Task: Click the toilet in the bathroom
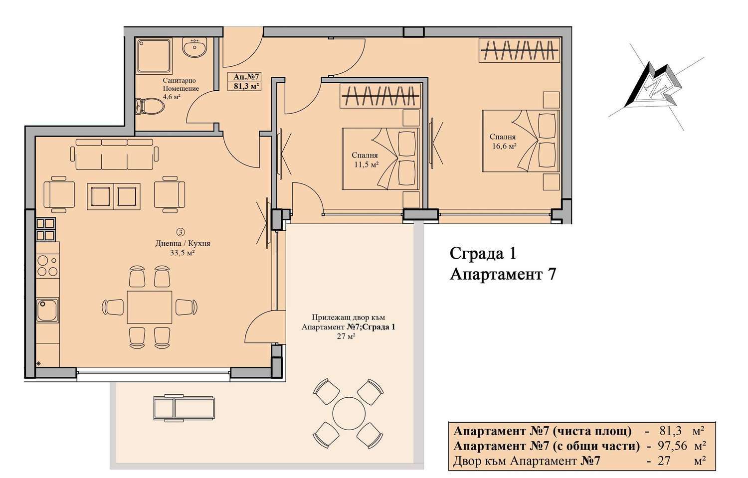tap(150, 107)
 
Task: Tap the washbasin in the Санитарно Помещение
tap(194, 47)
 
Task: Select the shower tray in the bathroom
tap(155, 56)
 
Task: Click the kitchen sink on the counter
tap(47, 310)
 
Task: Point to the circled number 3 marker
tap(181, 232)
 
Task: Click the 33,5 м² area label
tap(183, 253)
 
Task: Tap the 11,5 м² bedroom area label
tap(367, 164)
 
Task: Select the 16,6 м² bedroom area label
tap(505, 146)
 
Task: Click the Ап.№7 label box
tap(246, 81)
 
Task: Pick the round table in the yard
tap(349, 414)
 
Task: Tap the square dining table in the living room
tap(149, 307)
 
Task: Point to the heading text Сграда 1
tap(483, 254)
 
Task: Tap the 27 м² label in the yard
tap(346, 336)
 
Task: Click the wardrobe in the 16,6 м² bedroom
tap(519, 50)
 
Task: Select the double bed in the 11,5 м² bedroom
tap(380, 159)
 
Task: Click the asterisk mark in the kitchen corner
tap(38, 364)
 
